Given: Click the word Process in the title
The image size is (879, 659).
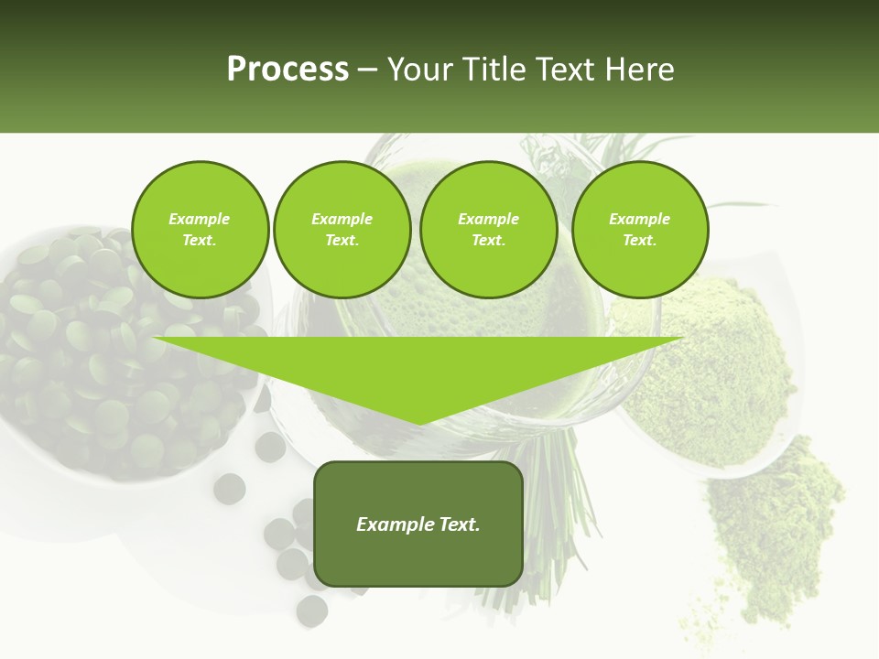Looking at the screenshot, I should pyautogui.click(x=288, y=70).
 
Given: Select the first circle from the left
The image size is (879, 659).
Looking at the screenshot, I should pyautogui.click(x=200, y=230).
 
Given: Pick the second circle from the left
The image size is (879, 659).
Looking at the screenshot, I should pyautogui.click(x=342, y=230).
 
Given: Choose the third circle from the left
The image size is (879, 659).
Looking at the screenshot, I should pyautogui.click(x=488, y=230).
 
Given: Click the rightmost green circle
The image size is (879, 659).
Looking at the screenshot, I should pyautogui.click(x=639, y=230).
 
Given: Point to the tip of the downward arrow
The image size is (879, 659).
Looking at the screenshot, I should pyautogui.click(x=418, y=424).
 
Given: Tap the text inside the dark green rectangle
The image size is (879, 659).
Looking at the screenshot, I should pyautogui.click(x=418, y=524).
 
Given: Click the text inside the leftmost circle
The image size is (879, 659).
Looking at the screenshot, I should pyautogui.click(x=200, y=230).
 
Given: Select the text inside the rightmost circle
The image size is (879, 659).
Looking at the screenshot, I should pyautogui.click(x=639, y=230).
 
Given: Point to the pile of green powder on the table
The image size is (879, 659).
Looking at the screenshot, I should pyautogui.click(x=778, y=531).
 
